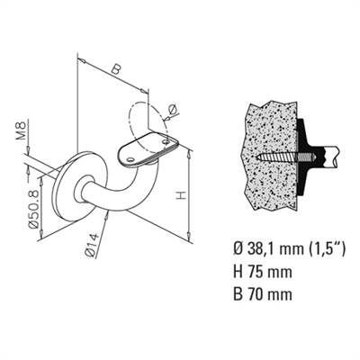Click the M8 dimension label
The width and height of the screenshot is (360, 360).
point(21,132)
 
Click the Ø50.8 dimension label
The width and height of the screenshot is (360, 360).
point(33,209)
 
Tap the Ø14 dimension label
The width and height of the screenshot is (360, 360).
point(92,245)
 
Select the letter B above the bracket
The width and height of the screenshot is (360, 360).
point(115,69)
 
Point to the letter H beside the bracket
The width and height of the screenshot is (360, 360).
point(181,195)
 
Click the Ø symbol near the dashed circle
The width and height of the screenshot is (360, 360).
point(173,109)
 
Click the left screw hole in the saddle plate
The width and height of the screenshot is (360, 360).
point(130,159)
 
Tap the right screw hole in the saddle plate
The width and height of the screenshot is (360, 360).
point(166,141)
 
